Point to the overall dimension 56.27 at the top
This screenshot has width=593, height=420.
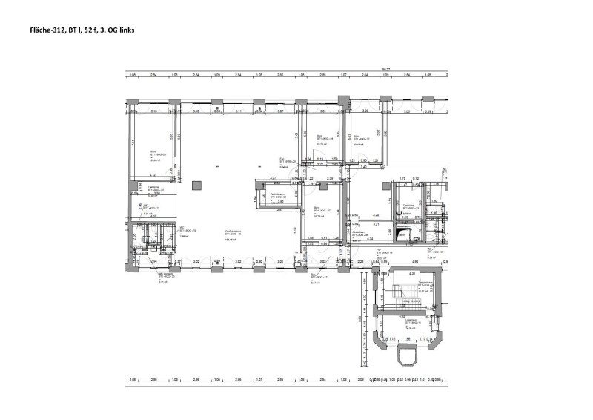point(385,71)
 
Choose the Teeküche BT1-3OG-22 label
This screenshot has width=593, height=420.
point(154,190)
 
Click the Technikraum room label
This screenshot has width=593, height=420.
point(278,195)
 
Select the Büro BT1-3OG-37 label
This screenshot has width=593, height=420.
point(362,140)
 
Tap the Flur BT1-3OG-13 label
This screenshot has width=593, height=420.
point(384,255)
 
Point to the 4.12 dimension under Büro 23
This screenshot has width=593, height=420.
point(144,176)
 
